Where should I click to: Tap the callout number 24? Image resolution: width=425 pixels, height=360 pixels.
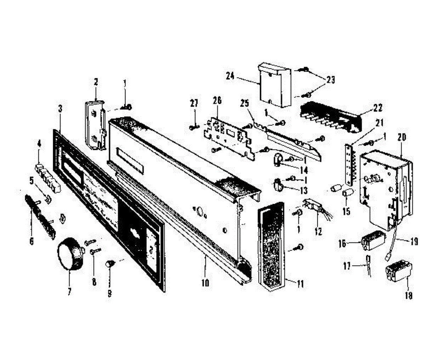(231, 75)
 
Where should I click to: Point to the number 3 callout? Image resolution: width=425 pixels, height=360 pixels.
(60, 108)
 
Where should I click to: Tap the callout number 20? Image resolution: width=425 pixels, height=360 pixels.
(402, 137)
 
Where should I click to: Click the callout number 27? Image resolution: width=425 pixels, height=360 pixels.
(194, 103)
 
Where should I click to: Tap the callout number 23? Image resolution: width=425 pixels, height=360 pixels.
(330, 80)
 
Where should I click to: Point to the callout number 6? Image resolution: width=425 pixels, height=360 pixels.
(32, 241)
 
